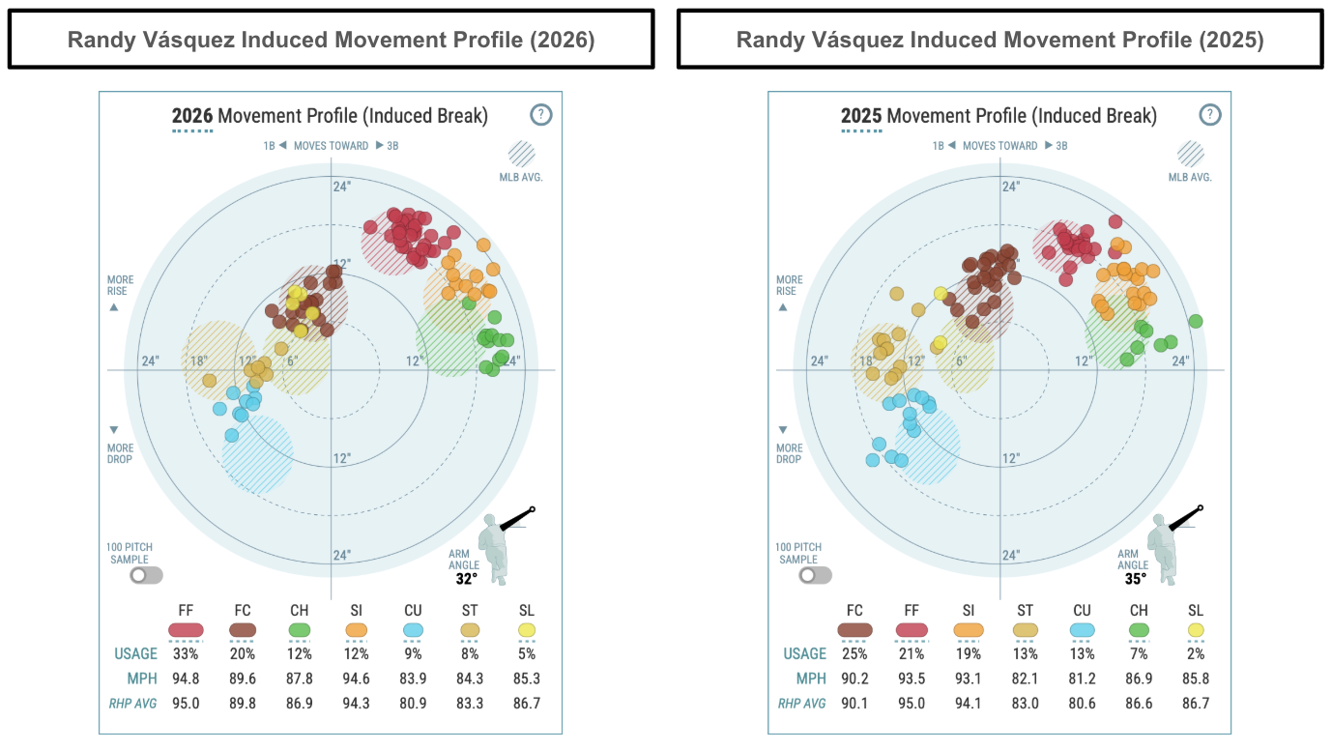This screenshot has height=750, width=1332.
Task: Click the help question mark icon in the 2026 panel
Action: coord(541,115)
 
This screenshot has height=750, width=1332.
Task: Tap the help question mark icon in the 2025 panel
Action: coord(1210,115)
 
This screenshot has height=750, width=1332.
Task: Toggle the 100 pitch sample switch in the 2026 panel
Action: coord(147,575)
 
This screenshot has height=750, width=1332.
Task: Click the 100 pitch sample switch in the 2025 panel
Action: coord(816,575)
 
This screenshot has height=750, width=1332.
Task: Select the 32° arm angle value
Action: coord(467,579)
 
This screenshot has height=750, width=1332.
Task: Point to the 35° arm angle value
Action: coord(1135,579)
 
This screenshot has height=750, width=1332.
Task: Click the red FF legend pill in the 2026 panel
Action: coord(186,629)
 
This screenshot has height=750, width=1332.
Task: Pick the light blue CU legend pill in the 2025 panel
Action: coord(1082,629)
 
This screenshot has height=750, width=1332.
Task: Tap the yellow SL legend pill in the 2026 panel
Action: coord(526,629)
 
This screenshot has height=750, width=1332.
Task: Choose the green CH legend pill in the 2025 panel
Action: coord(1139,629)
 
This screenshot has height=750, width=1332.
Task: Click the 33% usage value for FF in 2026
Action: coord(186,653)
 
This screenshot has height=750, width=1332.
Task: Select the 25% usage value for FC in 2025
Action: coord(854,653)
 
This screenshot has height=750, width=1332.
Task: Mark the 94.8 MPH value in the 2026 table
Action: coord(186,678)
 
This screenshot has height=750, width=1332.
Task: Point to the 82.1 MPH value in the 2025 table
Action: coord(1025,678)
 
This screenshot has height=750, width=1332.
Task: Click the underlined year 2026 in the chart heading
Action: coord(192,117)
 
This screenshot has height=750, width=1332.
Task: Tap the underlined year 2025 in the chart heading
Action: coord(861,117)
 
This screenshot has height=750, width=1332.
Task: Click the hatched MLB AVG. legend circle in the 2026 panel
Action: coord(523,156)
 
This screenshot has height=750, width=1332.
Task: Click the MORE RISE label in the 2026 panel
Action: coord(120,285)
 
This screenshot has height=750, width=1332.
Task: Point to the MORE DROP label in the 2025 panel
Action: coord(789,453)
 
